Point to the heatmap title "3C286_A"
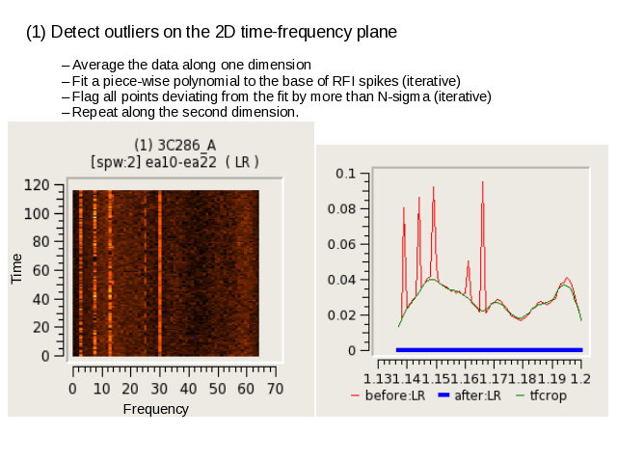pyautogui.click(x=186, y=146)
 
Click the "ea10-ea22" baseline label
pyautogui.click(x=181, y=162)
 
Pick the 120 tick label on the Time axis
pyautogui.click(x=37, y=185)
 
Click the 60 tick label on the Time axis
pyautogui.click(x=40, y=271)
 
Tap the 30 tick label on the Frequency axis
pyautogui.click(x=159, y=389)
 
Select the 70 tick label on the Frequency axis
pyautogui.click(x=275, y=389)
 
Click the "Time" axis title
pyautogui.click(x=16, y=268)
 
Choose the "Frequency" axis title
pyautogui.click(x=156, y=409)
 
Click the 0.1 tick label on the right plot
pyautogui.click(x=345, y=174)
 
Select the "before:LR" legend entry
pyautogui.click(x=388, y=395)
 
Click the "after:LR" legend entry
pyautogui.click(x=469, y=395)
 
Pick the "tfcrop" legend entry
pyautogui.click(x=542, y=395)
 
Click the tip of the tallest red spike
pyautogui.click(x=482, y=181)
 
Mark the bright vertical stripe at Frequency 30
pyautogui.click(x=160, y=273)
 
